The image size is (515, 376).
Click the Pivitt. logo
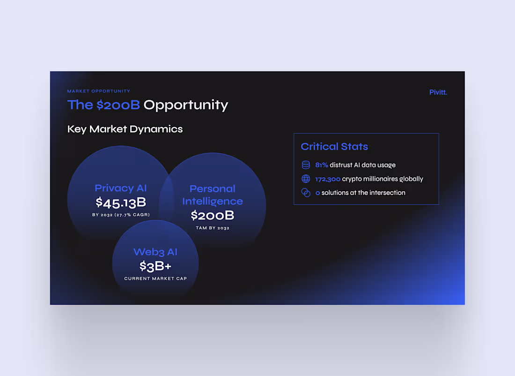(x=438, y=92)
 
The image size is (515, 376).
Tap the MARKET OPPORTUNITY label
(x=99, y=91)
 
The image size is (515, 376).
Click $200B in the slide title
(x=118, y=105)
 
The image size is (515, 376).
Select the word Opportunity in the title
(x=185, y=105)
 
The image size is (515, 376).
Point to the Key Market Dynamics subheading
(x=125, y=129)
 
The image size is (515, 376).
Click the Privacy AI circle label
(x=121, y=188)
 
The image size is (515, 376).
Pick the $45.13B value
(x=121, y=203)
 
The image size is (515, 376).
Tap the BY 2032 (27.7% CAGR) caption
(x=121, y=215)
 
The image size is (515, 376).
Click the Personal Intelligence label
(x=213, y=195)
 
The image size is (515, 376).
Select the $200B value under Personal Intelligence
(x=213, y=216)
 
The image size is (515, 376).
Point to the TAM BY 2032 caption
(x=213, y=228)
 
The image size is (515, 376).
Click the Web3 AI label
(x=155, y=252)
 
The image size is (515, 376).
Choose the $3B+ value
(x=155, y=266)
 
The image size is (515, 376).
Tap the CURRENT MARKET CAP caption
(x=155, y=278)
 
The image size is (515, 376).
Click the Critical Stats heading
(x=334, y=146)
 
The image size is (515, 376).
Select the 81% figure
(x=322, y=165)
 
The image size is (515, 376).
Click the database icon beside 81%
(x=306, y=165)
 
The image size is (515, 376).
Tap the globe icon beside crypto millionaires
(x=306, y=179)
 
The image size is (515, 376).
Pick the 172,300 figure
(x=328, y=179)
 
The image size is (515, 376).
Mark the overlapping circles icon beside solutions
(x=306, y=193)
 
